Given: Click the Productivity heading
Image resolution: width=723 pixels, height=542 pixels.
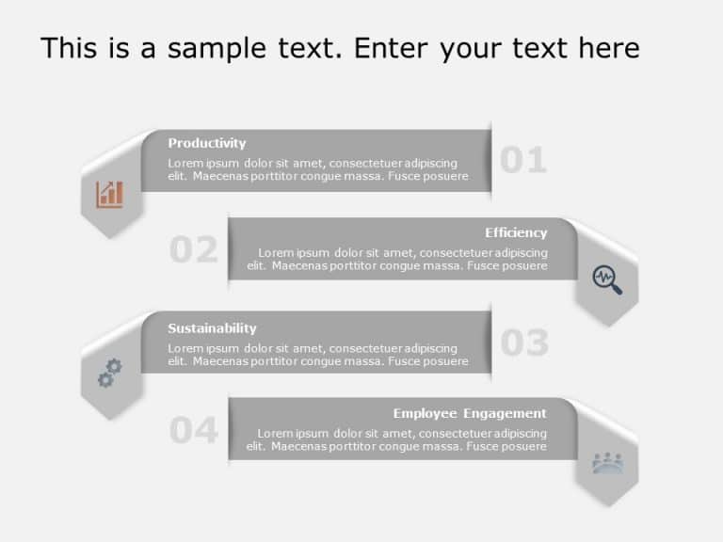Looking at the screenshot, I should click(x=206, y=143).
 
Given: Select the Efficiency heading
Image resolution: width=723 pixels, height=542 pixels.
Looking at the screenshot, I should click(x=516, y=232).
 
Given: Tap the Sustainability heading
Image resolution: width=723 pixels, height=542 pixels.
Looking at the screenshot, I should click(x=212, y=328).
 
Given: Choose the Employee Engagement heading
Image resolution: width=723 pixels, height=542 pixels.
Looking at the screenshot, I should click(x=470, y=413).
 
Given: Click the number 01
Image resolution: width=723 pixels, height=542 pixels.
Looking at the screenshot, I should click(x=522, y=161).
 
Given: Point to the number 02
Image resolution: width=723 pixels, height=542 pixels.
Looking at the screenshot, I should click(x=193, y=250).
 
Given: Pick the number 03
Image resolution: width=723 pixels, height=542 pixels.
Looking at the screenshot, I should click(x=523, y=343).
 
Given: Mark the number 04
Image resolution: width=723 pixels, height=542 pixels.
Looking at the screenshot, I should click(x=193, y=431).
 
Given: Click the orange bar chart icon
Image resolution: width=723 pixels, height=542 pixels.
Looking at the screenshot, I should click(x=110, y=194).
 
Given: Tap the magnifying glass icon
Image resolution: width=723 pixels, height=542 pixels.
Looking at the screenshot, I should click(x=607, y=279).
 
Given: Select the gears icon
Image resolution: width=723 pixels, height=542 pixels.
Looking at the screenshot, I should click(x=110, y=373).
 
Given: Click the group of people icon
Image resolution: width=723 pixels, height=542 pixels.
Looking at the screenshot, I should click(x=607, y=462).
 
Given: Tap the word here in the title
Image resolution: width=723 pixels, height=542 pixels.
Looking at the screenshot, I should click(x=606, y=48).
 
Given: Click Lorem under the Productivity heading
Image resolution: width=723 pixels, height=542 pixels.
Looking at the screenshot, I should click(x=185, y=163).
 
